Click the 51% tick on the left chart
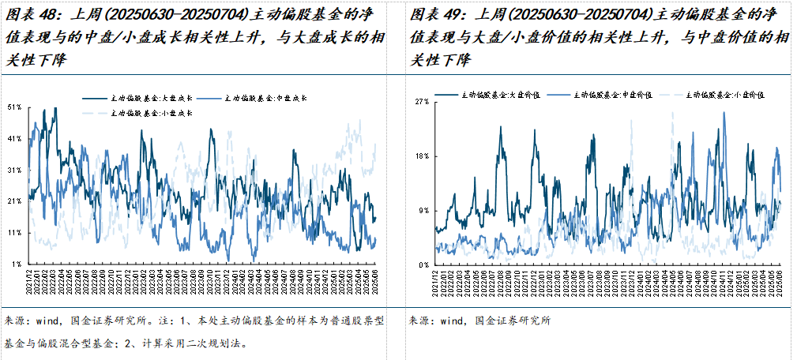click(x=13, y=107)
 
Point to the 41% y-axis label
click(x=13, y=138)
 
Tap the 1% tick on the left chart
click(x=15, y=264)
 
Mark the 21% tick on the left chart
click(x=13, y=201)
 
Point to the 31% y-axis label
click(x=13, y=170)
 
